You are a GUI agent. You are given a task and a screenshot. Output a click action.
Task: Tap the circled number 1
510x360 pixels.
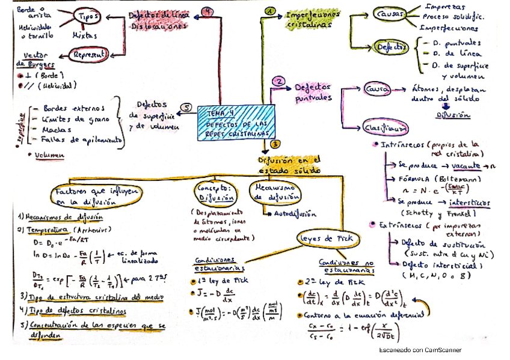(270, 12)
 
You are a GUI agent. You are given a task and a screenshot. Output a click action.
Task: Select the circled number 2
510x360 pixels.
(278, 81)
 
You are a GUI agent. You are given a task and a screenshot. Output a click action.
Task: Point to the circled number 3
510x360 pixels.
(274, 144)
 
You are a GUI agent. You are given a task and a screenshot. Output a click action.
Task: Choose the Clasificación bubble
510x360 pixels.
(386, 127)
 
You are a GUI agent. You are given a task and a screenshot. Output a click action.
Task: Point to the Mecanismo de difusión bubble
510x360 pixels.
(274, 192)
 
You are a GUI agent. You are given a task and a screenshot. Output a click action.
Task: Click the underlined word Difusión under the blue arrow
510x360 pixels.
(450, 114)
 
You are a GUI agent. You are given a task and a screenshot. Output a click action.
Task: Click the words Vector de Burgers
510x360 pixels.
(35, 59)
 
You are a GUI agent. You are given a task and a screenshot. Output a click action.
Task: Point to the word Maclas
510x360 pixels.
(57, 129)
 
